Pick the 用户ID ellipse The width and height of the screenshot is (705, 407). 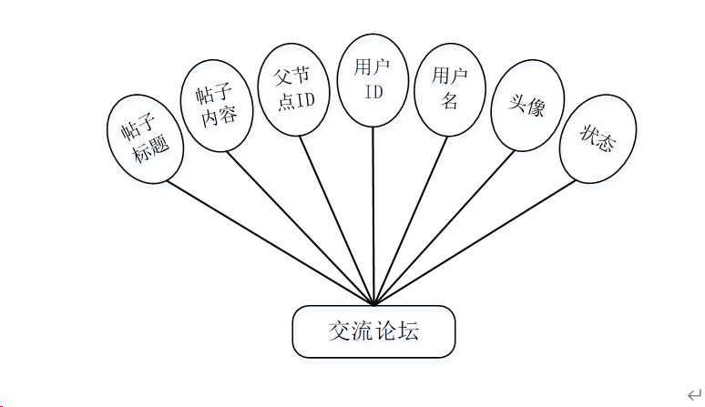[373, 78]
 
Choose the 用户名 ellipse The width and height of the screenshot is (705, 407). [450, 89]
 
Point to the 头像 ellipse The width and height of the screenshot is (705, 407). [527, 109]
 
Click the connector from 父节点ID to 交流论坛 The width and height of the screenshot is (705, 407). [337, 219]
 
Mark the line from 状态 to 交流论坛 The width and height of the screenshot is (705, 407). [474, 241]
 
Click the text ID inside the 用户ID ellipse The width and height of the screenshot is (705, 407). [373, 91]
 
